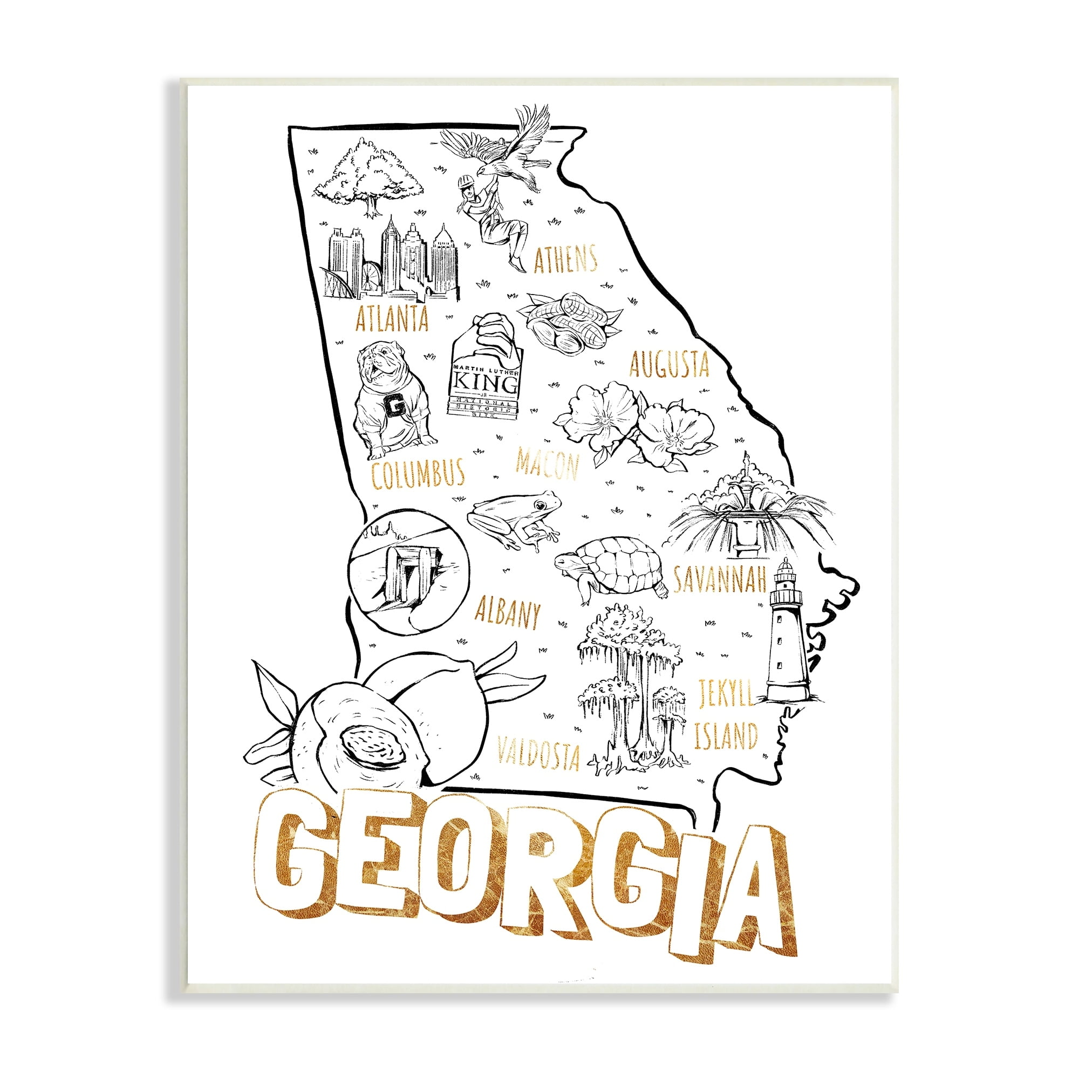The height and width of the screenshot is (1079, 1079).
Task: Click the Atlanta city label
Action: click(x=392, y=319)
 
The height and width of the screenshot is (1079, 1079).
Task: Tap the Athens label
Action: click(x=565, y=259)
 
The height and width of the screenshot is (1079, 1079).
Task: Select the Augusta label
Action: click(x=668, y=364)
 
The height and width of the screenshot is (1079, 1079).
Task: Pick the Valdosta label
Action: click(x=538, y=752)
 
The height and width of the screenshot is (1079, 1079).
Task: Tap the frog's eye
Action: click(x=540, y=505)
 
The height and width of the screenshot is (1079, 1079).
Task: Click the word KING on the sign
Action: click(x=485, y=383)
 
